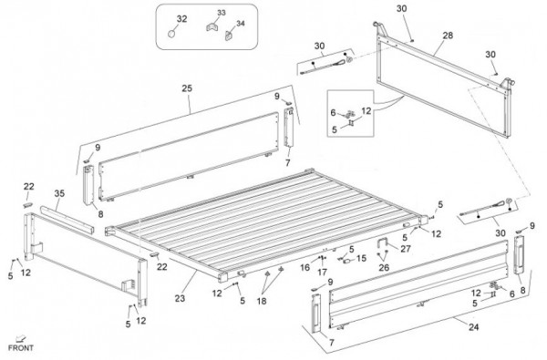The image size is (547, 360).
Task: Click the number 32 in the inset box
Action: (181, 19)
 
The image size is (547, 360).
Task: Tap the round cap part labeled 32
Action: (171, 34)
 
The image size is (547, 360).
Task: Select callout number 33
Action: (222, 13)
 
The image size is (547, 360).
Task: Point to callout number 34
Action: (241, 24)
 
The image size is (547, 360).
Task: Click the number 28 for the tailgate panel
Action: (448, 36)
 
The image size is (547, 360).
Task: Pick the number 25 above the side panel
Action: (187, 88)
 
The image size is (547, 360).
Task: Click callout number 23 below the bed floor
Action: (180, 298)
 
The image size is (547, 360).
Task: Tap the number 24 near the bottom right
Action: (473, 327)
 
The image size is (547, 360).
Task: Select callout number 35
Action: (59, 193)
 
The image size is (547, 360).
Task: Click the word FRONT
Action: (21, 348)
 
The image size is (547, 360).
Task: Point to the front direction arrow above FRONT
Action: (21, 338)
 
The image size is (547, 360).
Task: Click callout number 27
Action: (406, 249)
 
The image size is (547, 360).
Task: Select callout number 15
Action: (361, 259)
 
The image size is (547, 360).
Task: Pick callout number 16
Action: (304, 268)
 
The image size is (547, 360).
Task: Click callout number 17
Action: (323, 272)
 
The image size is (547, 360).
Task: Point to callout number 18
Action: (262, 301)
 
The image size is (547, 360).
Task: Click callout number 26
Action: (384, 268)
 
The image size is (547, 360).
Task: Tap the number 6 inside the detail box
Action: (333, 113)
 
